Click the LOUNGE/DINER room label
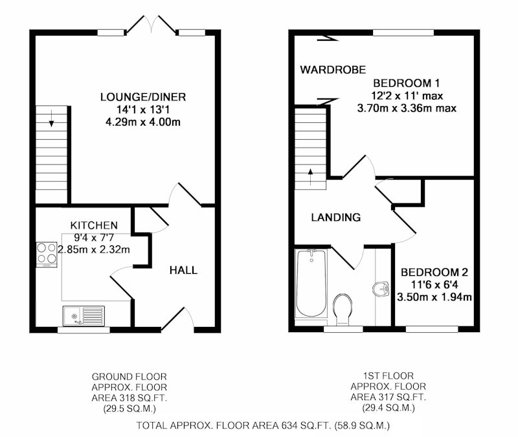pyautogui.click(x=143, y=96)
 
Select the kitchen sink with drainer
pyautogui.click(x=84, y=316)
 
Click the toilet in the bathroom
pyautogui.click(x=343, y=309)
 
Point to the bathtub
pyautogui.click(x=311, y=284)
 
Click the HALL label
pyautogui.click(x=183, y=270)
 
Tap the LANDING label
pyautogui.click(x=336, y=217)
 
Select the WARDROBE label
pyautogui.click(x=333, y=69)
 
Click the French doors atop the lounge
pyautogui.click(x=152, y=25)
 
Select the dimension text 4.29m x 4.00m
pyautogui.click(x=143, y=122)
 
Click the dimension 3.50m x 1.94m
pyautogui.click(x=434, y=297)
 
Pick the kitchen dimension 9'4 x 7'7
pyautogui.click(x=94, y=237)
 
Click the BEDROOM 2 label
pyautogui.click(x=434, y=272)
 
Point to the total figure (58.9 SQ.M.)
pyautogui.click(x=362, y=425)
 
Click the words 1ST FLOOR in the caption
pyautogui.click(x=388, y=375)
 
